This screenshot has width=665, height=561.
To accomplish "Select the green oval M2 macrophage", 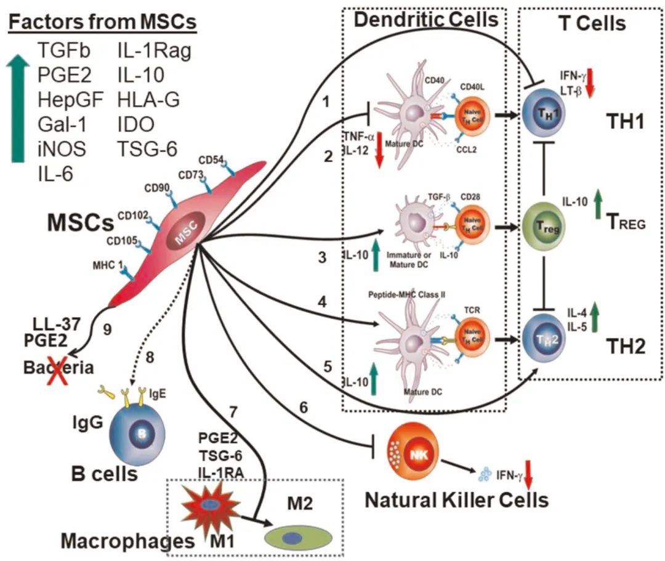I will (296, 537).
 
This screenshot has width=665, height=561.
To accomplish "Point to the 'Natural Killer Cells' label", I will (456, 499).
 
